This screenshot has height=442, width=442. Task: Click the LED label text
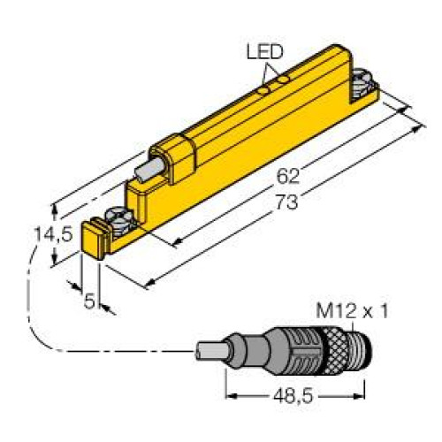263,52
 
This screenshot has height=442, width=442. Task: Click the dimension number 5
89,301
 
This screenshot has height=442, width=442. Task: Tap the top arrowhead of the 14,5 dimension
57,208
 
